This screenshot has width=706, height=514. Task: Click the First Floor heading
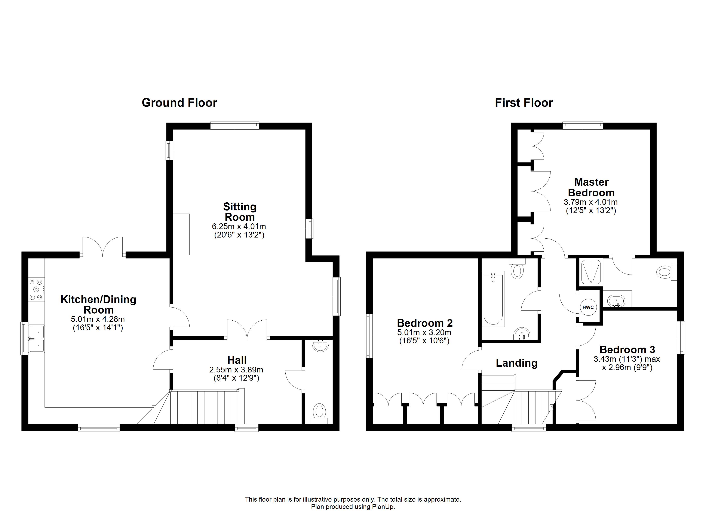(524, 103)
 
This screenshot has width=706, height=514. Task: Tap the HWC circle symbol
(588, 307)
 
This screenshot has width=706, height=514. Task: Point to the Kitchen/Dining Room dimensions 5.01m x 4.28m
(98, 319)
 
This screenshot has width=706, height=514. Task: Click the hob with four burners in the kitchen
(36, 290)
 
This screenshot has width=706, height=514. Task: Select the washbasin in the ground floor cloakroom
(320, 346)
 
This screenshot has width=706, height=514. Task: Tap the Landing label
(517, 363)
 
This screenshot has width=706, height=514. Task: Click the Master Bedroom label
(591, 187)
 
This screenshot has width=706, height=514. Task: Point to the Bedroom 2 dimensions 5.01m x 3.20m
(424, 333)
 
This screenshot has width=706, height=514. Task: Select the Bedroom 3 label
(627, 350)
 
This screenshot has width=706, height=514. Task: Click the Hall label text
(237, 360)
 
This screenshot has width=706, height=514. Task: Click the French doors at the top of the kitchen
(103, 247)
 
